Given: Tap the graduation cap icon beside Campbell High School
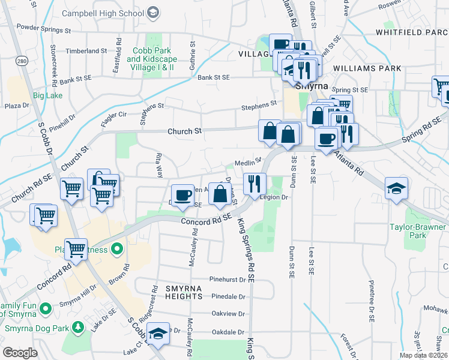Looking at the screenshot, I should [x=153, y=12].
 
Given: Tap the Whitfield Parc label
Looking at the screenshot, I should [x=412, y=32].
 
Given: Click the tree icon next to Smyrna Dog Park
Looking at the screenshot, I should [x=77, y=327].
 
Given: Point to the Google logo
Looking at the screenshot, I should [x=20, y=353].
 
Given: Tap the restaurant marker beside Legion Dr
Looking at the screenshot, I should [x=255, y=182].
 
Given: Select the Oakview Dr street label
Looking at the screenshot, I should [x=228, y=314].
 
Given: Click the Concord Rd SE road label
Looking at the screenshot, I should [x=206, y=222].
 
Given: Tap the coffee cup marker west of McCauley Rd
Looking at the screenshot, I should [x=183, y=194].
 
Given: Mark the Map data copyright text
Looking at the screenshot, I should [x=424, y=355].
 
